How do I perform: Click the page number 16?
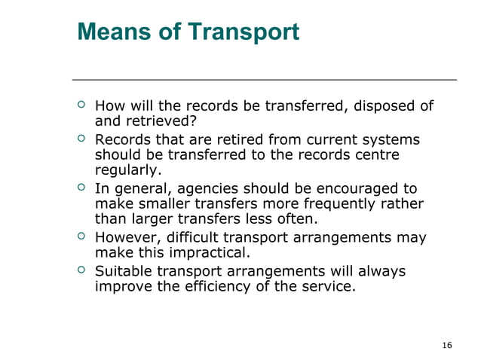pyautogui.click(x=447, y=345)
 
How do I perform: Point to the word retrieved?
pyautogui.click(x=159, y=121)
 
